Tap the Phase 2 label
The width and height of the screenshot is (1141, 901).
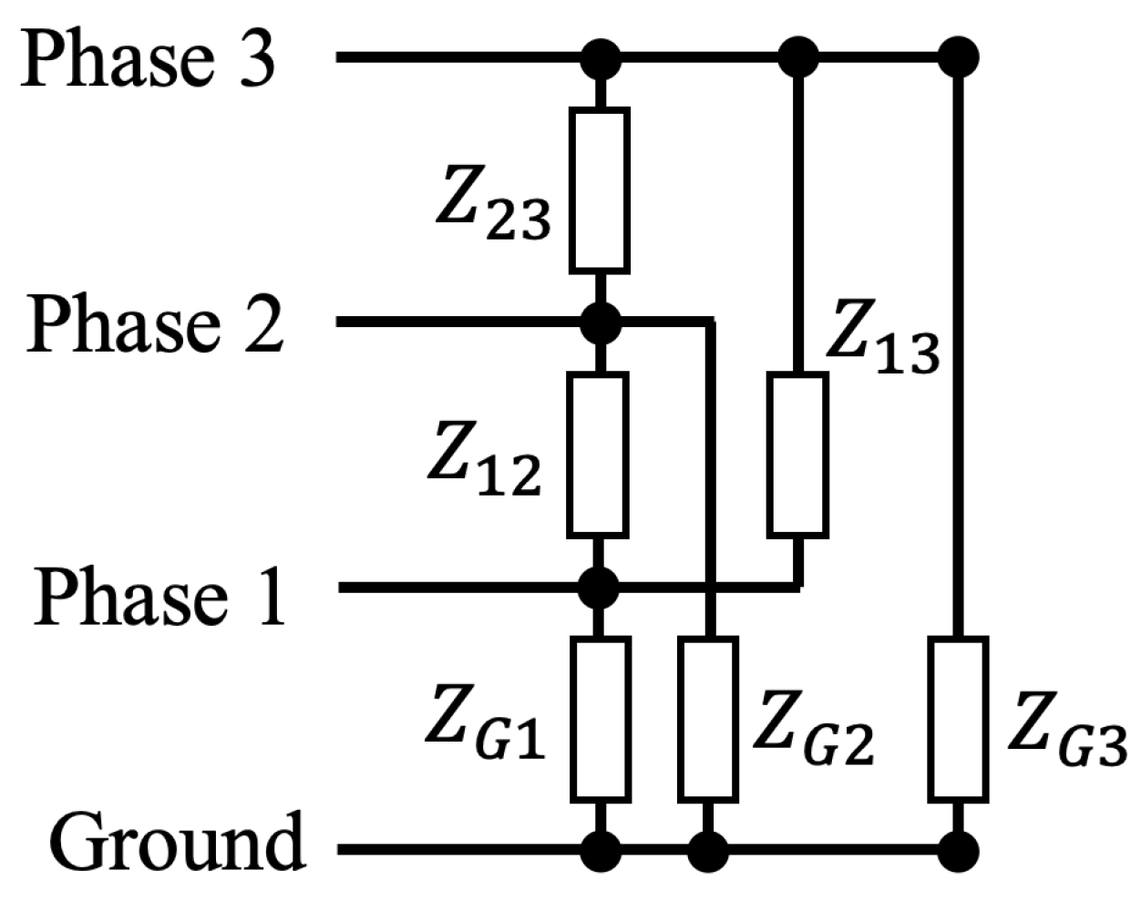point(156,323)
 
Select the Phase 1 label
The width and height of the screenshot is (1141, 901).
point(160,596)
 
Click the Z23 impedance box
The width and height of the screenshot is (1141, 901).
point(599,189)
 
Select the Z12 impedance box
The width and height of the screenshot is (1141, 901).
point(598,454)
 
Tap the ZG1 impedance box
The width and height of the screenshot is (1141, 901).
point(600,720)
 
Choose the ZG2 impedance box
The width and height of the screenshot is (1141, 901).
point(708,720)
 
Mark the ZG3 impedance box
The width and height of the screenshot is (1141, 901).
point(958,720)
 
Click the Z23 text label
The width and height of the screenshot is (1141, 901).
point(493,209)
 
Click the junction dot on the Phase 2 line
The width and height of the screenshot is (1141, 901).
point(600,321)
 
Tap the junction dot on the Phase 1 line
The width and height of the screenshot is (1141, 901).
point(599,588)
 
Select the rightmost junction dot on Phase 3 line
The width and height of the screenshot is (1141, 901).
point(958,56)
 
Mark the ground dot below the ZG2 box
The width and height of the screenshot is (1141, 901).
point(708,851)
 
